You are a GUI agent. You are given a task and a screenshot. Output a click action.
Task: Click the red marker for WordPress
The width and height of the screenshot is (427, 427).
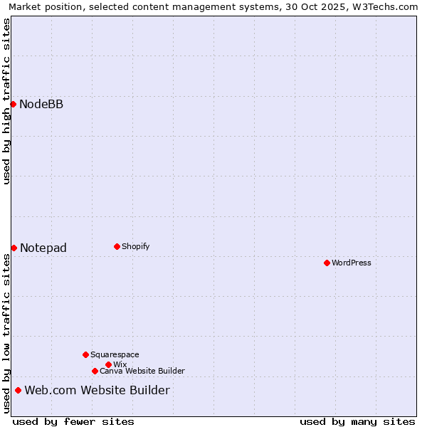327,263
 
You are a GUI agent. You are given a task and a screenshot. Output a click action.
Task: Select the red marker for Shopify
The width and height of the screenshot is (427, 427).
117,246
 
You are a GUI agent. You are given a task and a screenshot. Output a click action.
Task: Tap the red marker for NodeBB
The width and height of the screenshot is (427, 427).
13,104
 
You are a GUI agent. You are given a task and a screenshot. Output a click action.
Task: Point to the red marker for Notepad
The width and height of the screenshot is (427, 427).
14,248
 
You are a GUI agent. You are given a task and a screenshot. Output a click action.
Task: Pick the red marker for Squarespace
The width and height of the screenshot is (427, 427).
85,354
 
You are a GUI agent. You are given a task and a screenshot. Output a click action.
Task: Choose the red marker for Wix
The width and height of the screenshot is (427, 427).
108,364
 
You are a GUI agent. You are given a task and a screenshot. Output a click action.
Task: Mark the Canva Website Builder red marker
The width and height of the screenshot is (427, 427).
95,371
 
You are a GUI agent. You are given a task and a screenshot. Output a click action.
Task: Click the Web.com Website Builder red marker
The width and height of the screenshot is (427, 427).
18,390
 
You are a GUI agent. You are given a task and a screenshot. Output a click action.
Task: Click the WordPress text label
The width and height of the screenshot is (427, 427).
352,263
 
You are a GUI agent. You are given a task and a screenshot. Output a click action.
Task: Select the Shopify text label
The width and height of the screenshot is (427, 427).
135,246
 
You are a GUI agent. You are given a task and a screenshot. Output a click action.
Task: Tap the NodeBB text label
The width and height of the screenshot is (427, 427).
41,105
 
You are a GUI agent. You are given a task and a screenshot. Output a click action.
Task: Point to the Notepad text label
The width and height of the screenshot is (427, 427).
43,248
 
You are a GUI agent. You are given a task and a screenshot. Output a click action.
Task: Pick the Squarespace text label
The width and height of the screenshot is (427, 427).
115,354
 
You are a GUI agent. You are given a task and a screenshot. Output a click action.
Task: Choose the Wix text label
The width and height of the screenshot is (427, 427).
120,364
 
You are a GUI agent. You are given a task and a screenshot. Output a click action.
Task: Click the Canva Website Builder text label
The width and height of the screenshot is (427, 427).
142,371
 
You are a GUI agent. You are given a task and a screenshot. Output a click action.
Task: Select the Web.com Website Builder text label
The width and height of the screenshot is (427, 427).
97,390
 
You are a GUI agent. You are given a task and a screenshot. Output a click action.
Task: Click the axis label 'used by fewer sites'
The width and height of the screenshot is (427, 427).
73,421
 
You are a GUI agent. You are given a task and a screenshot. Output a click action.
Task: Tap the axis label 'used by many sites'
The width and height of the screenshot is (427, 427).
357,421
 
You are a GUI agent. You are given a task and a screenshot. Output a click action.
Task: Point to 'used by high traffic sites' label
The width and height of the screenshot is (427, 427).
6,101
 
